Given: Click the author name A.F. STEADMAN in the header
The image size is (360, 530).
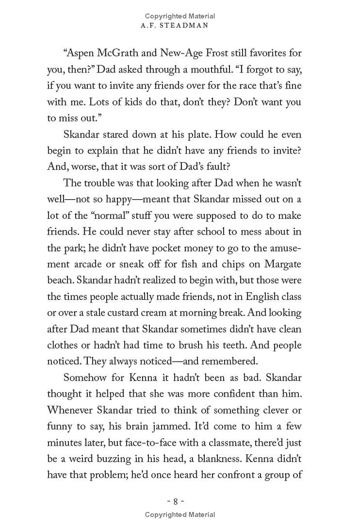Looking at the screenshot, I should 180,26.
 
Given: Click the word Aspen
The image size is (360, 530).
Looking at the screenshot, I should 81,54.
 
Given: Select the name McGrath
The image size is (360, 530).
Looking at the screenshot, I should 125,54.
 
